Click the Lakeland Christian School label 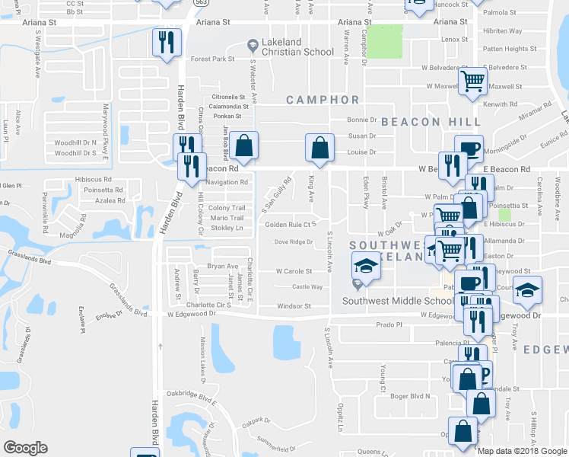[297, 46]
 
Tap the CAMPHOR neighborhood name [323, 100]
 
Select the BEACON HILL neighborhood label [431, 122]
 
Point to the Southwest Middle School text [388, 300]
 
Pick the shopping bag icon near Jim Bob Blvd [245, 145]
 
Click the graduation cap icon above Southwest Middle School [365, 267]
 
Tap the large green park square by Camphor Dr [386, 41]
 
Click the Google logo [25, 447]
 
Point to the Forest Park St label [212, 59]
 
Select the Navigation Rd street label [227, 182]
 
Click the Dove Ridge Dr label [293, 242]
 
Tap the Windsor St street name [294, 306]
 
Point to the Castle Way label [307, 287]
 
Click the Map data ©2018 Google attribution [522, 450]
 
